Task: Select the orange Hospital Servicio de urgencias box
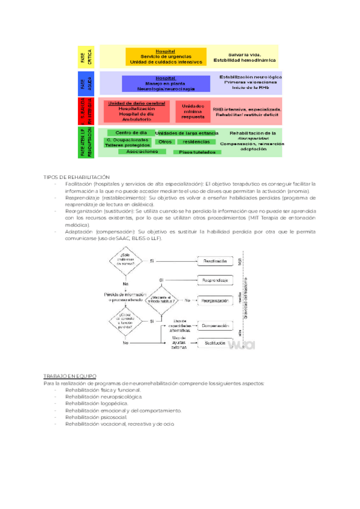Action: click(x=161, y=57)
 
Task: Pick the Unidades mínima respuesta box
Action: click(x=193, y=111)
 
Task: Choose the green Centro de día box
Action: click(x=131, y=133)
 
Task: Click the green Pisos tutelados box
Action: click(x=197, y=152)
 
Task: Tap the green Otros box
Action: click(x=165, y=142)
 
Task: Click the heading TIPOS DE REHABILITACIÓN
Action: click(x=77, y=177)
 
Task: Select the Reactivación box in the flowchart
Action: click(x=215, y=261)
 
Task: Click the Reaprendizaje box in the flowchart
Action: click(x=215, y=280)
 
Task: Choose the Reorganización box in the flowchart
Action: click(x=215, y=300)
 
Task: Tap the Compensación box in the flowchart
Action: click(x=215, y=326)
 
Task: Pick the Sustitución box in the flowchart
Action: click(x=215, y=343)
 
